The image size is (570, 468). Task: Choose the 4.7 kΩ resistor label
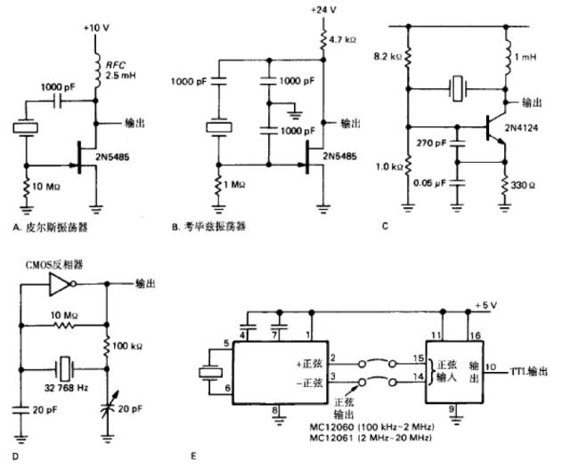(349, 40)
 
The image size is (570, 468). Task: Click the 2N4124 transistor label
(529, 129)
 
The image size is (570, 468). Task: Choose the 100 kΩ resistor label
(133, 342)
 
